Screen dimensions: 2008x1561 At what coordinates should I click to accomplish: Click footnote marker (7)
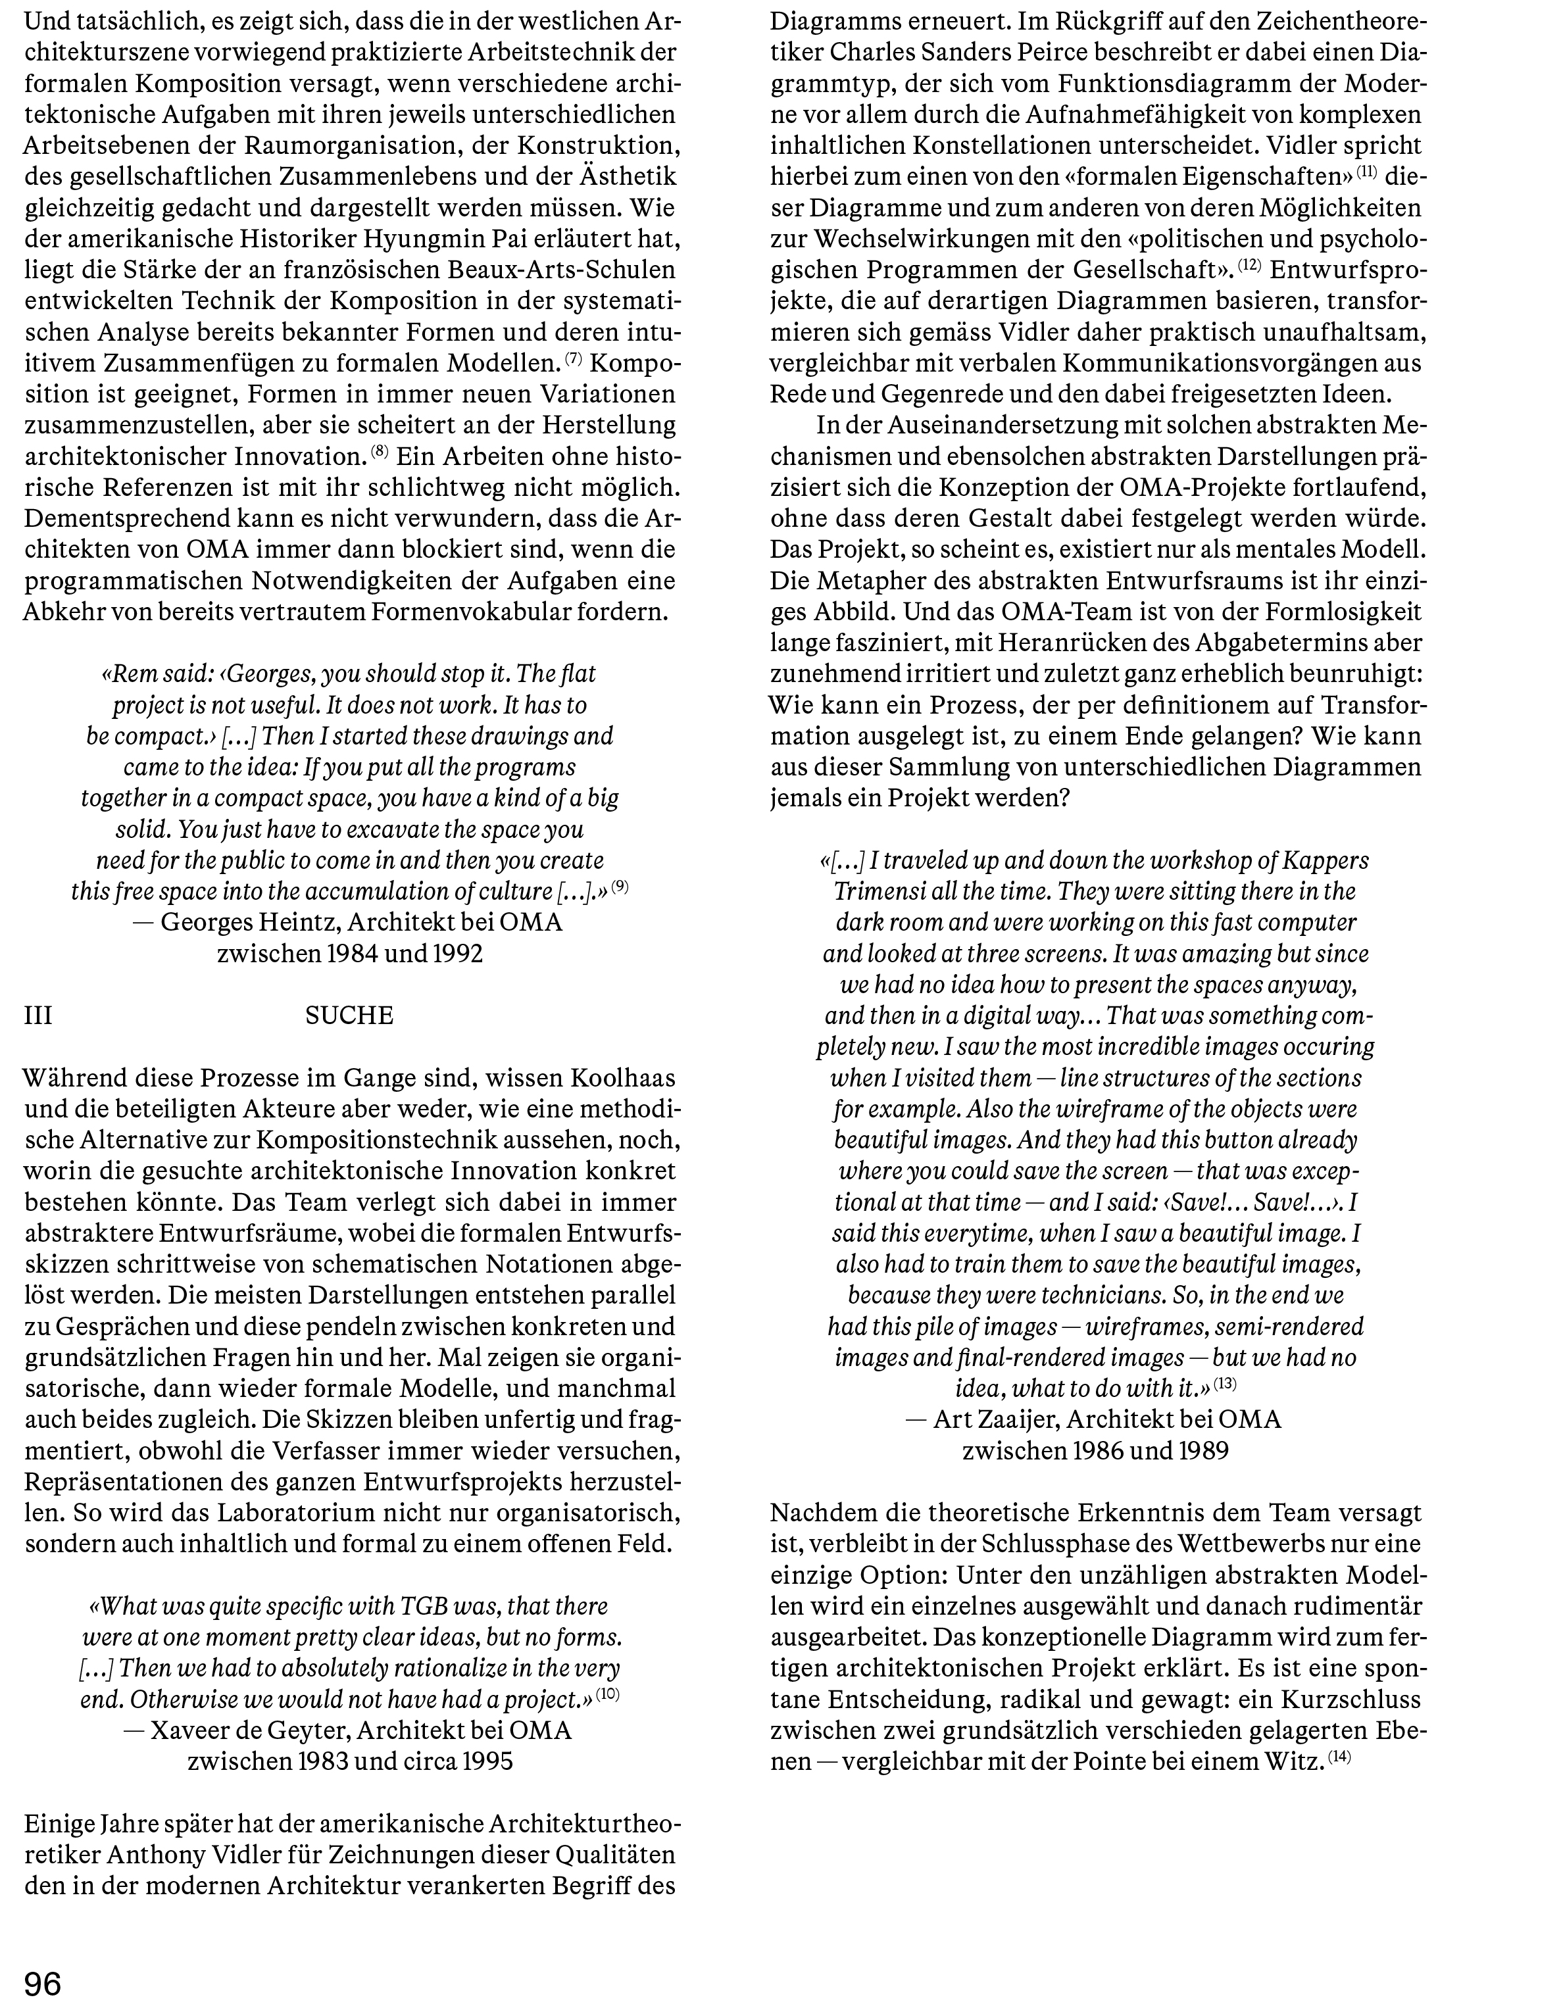pyautogui.click(x=573, y=358)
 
